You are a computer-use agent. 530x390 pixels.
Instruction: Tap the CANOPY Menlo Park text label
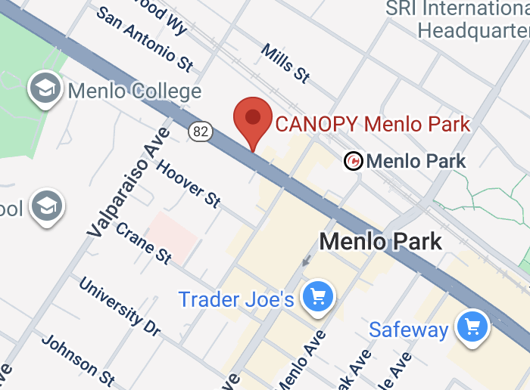click(x=373, y=124)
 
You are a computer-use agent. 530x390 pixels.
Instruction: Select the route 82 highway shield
click(x=201, y=132)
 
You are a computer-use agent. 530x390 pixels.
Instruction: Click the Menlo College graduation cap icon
click(x=45, y=89)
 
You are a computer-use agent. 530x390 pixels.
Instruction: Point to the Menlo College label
click(x=135, y=92)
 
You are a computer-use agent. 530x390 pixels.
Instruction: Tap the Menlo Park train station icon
click(x=353, y=161)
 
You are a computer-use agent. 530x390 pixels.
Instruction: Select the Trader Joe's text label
click(x=236, y=299)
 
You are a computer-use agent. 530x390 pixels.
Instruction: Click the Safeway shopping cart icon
click(x=473, y=327)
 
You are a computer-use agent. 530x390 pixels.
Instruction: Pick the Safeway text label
click(x=409, y=330)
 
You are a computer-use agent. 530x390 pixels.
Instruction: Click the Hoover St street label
click(x=189, y=183)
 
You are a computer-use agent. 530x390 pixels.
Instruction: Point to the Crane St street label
click(x=144, y=243)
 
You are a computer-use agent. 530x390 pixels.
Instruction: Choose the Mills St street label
click(x=285, y=63)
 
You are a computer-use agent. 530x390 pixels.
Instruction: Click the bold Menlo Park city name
click(x=381, y=242)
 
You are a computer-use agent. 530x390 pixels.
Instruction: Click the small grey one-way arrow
click(x=306, y=262)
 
